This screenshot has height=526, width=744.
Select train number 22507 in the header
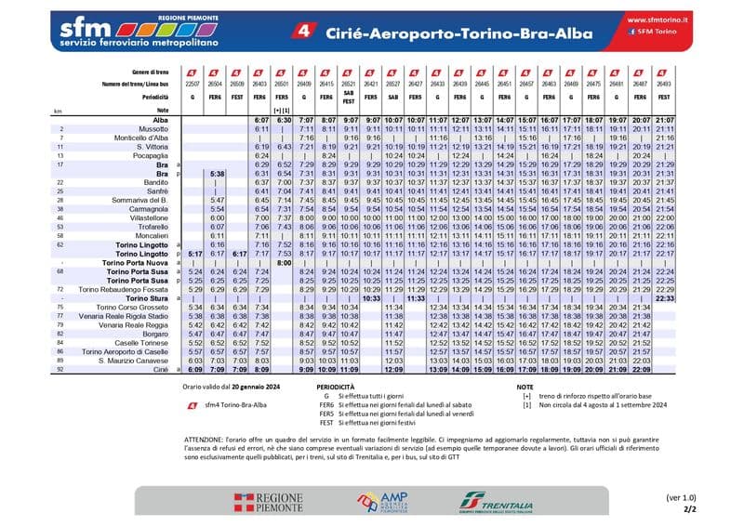pos(193,84)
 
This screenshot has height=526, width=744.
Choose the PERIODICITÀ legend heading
pos(339,385)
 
